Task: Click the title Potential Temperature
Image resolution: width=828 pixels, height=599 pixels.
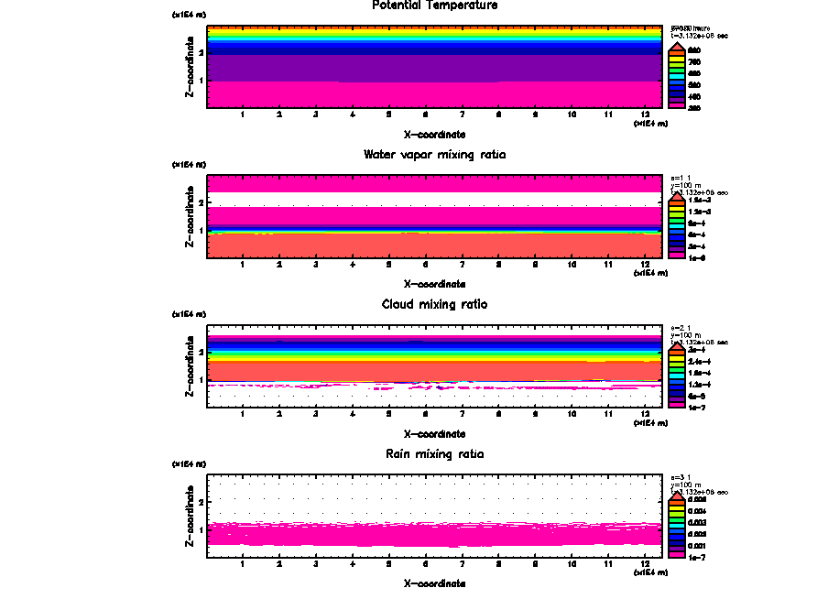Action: tap(434, 5)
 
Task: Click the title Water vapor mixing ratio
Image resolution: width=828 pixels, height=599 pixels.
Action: tap(434, 155)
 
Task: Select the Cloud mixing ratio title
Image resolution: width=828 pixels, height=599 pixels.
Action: tap(434, 304)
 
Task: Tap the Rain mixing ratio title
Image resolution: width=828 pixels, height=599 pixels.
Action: tap(434, 454)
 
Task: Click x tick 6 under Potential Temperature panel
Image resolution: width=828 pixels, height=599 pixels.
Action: tap(425, 115)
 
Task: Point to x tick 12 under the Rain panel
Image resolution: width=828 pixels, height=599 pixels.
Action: tap(645, 564)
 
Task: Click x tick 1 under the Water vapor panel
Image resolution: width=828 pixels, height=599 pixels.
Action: tap(243, 266)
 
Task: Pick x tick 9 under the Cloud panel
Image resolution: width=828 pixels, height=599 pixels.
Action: tap(535, 415)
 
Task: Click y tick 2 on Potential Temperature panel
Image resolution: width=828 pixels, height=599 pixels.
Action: tap(201, 52)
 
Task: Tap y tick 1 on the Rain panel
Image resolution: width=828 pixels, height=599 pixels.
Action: tap(201, 529)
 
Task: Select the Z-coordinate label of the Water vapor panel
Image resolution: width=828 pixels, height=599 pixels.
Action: tap(190, 216)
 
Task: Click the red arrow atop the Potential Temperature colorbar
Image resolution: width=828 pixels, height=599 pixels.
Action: tap(676, 47)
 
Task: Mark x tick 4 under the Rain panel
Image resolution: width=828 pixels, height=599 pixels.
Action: tap(353, 564)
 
